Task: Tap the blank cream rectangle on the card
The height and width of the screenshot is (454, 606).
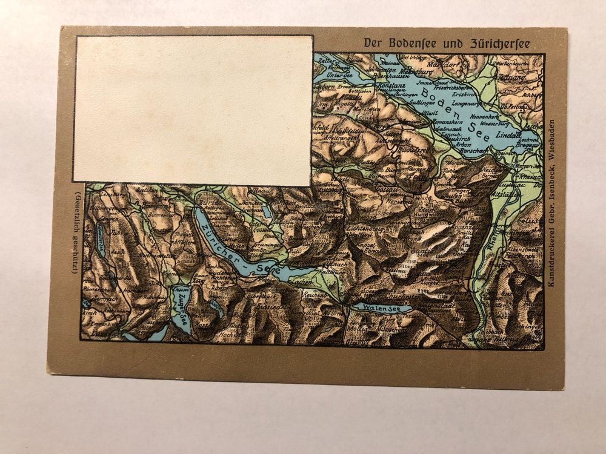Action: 193,109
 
